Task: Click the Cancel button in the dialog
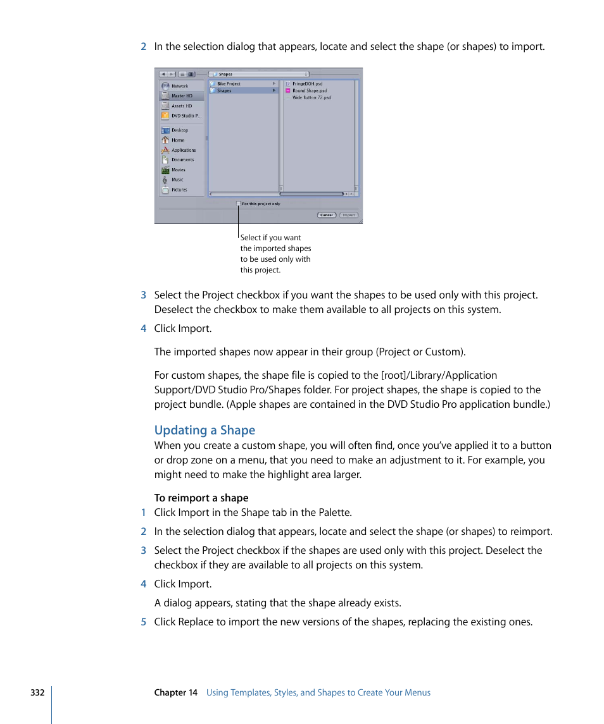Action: click(326, 215)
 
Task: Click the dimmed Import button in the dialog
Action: click(349, 215)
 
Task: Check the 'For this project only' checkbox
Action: click(239, 204)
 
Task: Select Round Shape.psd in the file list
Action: click(309, 91)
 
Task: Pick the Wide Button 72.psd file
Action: click(311, 98)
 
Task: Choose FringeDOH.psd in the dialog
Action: click(307, 84)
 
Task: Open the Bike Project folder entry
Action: click(229, 84)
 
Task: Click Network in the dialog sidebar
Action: click(179, 86)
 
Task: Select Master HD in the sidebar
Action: click(181, 96)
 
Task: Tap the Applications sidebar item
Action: click(183, 150)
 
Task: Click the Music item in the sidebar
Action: click(177, 180)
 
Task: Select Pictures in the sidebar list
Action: click(179, 190)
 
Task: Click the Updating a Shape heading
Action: click(204, 431)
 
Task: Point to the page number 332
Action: click(37, 692)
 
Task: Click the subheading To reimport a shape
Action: click(201, 498)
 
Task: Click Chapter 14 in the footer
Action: click(176, 692)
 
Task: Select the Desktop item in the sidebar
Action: click(179, 130)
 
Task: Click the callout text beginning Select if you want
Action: click(275, 254)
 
